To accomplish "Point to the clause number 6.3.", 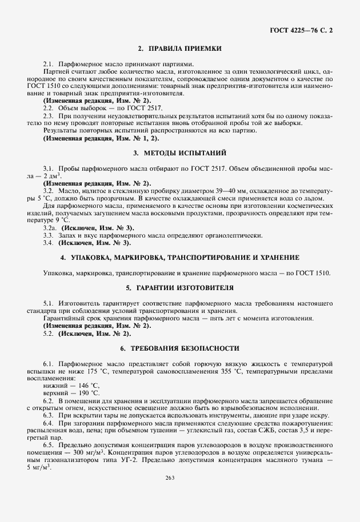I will (x=49, y=415).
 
